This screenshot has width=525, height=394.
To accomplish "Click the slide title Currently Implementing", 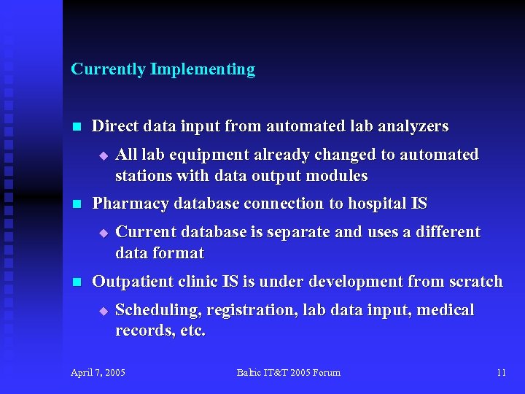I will coord(163,69).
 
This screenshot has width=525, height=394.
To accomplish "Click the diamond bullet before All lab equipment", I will coord(103,155).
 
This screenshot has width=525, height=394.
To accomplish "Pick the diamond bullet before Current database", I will coord(103,233).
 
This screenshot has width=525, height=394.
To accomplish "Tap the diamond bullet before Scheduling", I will coord(103,311).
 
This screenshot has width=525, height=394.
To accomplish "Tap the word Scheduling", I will coord(158,310).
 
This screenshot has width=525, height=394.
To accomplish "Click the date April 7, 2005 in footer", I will coord(98,373).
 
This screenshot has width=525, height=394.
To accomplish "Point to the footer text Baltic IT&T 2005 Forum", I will coord(288,373).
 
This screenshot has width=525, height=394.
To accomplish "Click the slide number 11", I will coord(501,373).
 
